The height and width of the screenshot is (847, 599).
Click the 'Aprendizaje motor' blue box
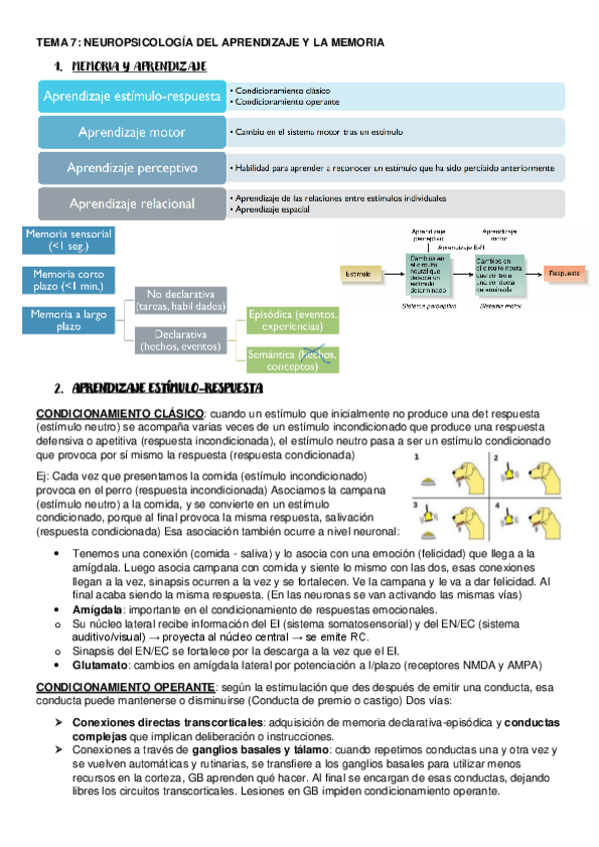tap(132, 132)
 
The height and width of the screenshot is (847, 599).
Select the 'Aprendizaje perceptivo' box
tap(132, 168)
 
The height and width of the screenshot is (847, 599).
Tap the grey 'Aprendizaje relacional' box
tap(132, 204)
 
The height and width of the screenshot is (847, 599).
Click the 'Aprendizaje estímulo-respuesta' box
tap(132, 96)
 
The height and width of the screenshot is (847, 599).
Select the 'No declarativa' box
tap(181, 301)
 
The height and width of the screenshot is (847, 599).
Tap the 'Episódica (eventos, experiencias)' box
tap(293, 321)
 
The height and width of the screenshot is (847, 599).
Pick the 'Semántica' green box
tap(293, 359)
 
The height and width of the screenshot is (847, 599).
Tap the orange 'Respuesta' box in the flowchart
tap(568, 271)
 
